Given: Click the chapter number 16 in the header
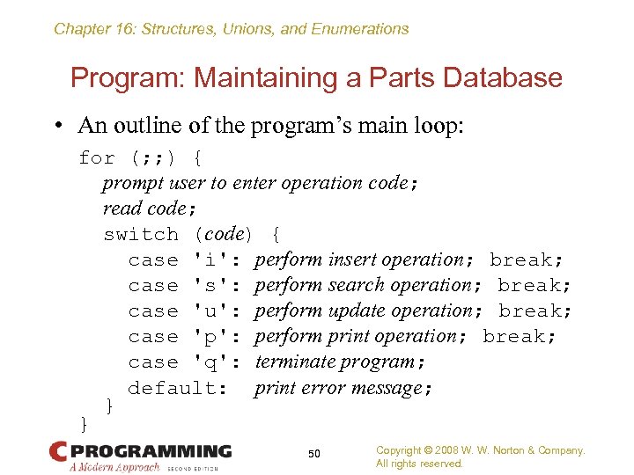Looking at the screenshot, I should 117,29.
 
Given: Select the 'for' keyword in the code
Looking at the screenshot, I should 97,158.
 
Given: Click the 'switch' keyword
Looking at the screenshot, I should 141,235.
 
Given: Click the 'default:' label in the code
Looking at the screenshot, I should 179,388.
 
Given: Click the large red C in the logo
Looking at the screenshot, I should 58,452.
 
